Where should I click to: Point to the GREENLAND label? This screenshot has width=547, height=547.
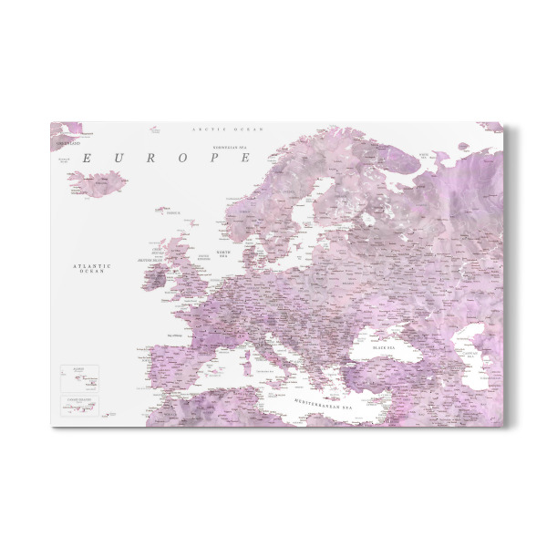point(67,144)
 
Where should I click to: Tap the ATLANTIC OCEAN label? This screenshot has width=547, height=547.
point(94,268)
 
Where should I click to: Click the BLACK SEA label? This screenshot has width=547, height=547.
point(384,347)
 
